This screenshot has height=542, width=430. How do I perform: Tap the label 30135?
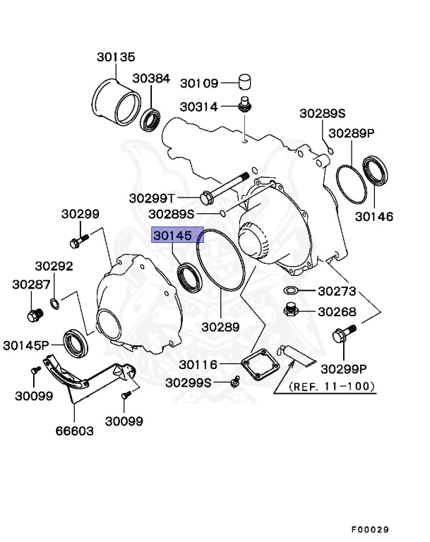coord(116,57)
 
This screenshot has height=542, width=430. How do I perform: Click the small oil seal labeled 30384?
coord(151,120)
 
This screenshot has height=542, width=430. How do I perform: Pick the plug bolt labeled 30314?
coord(244,107)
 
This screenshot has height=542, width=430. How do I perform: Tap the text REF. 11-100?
coord(332,387)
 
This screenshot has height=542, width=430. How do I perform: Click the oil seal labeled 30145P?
coord(74,342)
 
